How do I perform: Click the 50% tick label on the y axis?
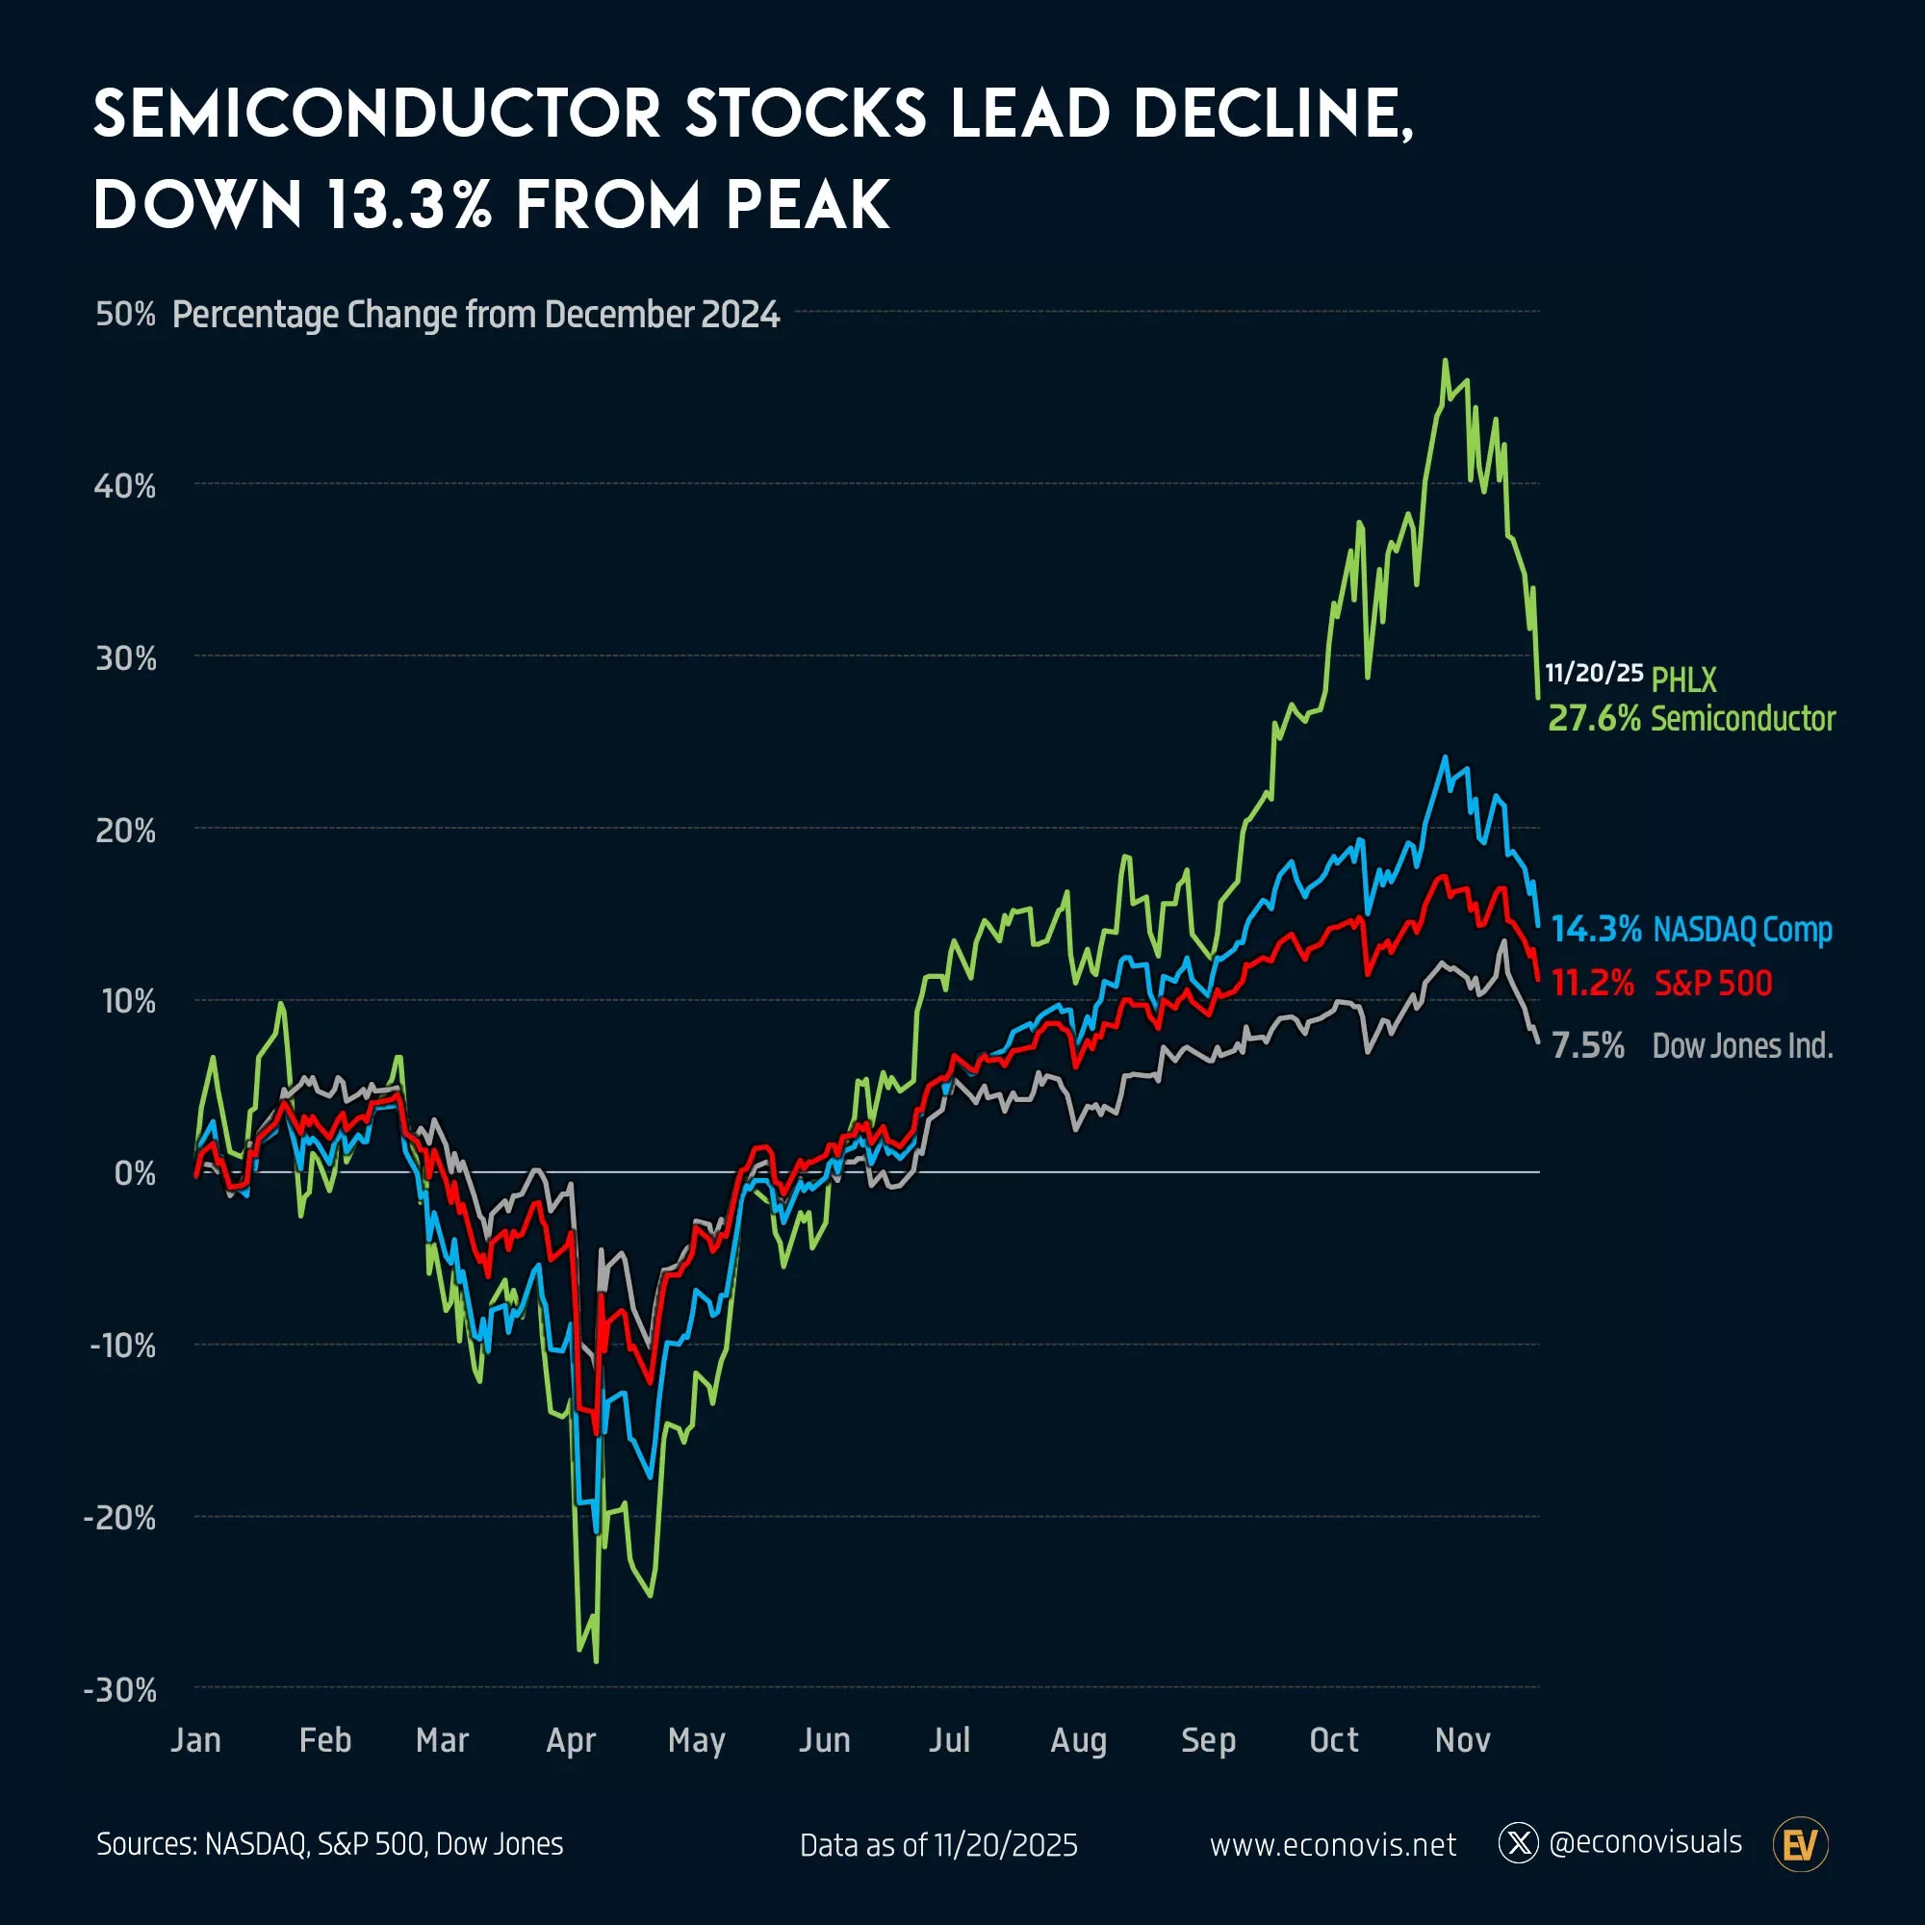coord(125,314)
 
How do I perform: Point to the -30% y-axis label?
coord(120,1691)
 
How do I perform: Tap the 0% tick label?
coord(135,1173)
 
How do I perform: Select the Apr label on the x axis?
coord(571,1740)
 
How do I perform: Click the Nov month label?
coord(1462,1740)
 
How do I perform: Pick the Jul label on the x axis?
coord(949,1740)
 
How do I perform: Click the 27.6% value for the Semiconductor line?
coord(1593,718)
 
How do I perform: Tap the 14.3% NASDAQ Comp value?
coord(1596,930)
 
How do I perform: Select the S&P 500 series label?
coord(1713,984)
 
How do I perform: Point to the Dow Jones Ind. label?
coord(1742,1046)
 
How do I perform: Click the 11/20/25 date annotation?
coord(1593,673)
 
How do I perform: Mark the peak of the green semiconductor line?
coord(1445,361)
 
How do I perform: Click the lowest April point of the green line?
coord(596,1661)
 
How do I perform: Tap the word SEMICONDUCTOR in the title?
coord(376,114)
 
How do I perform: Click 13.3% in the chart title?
coord(407,205)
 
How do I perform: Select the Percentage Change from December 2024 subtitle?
coord(475,315)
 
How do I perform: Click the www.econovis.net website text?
coord(1332,1845)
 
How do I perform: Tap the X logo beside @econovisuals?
coord(1519,1843)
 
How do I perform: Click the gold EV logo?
coord(1801,1845)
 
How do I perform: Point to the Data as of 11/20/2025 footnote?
coord(938,1845)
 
